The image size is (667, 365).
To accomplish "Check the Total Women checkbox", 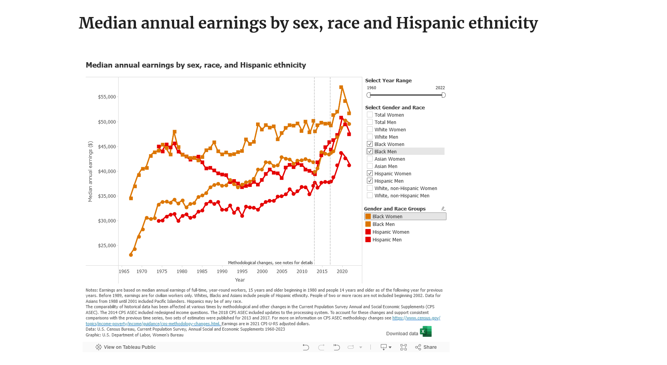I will pos(370,115).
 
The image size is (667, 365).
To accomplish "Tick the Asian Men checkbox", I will pos(370,166).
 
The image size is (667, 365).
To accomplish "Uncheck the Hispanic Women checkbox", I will pos(370,173).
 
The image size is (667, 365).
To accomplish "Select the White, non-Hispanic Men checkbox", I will pos(370,195).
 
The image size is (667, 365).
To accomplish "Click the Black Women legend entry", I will pos(387,217).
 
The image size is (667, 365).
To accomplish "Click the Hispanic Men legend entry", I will pos(387,240).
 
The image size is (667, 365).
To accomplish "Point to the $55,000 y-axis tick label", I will pos(107,97).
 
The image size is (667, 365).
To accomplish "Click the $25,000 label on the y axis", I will pos(107,246).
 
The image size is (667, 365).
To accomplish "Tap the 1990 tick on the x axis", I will pos(222,272).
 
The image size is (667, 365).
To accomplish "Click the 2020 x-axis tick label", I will pos(342,272).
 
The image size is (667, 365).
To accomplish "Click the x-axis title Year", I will pos(240,280).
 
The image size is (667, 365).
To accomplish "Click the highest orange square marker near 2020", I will pos(341,87).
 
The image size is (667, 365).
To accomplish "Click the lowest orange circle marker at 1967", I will pos(131,255).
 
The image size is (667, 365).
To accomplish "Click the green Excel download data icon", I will pos(426,332).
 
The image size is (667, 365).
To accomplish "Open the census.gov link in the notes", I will pos(416,318).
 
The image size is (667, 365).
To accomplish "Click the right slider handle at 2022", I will pos(443,95).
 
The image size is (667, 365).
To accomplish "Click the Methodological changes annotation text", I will pos(270,263).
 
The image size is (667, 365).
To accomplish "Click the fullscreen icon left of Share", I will pos(404,347).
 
